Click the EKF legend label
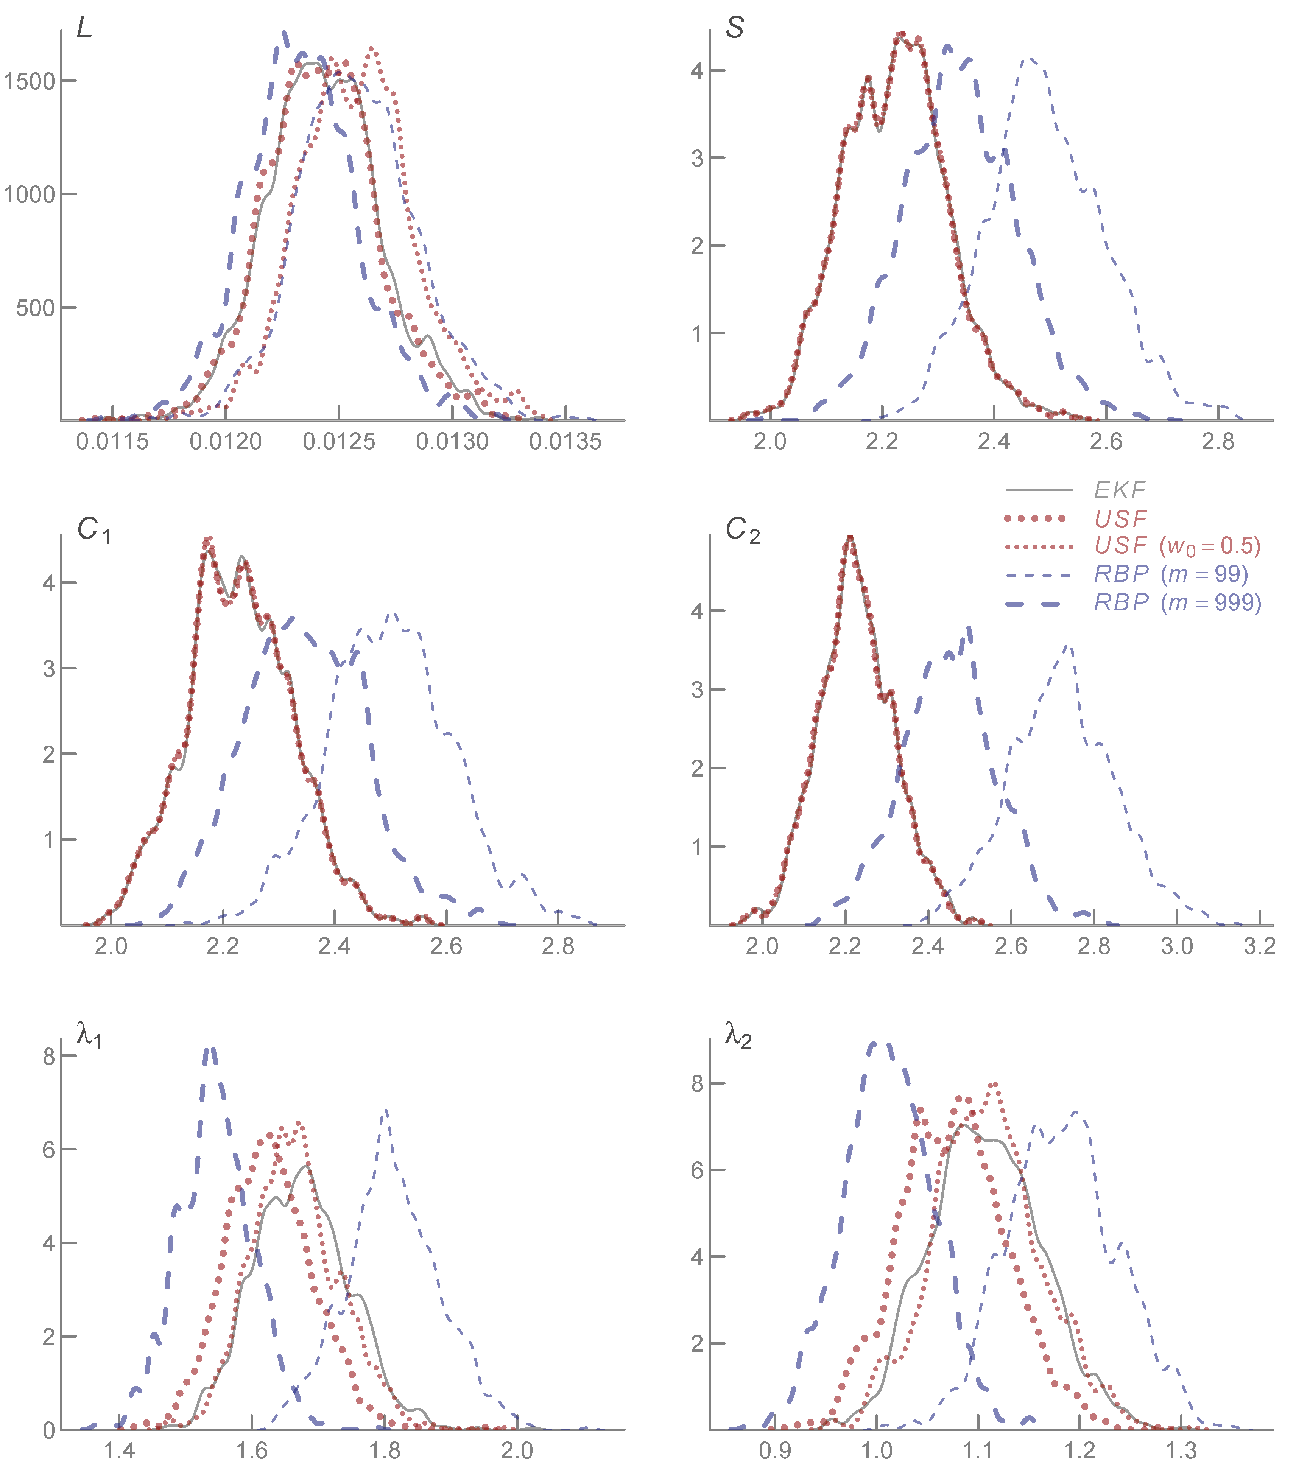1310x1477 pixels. pyautogui.click(x=1119, y=491)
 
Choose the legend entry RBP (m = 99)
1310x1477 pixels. pyautogui.click(x=1171, y=574)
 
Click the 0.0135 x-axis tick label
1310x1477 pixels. pyautogui.click(x=565, y=442)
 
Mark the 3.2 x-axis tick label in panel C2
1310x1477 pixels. pyautogui.click(x=1259, y=946)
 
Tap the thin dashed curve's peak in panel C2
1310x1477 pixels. pyautogui.click(x=1069, y=647)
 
